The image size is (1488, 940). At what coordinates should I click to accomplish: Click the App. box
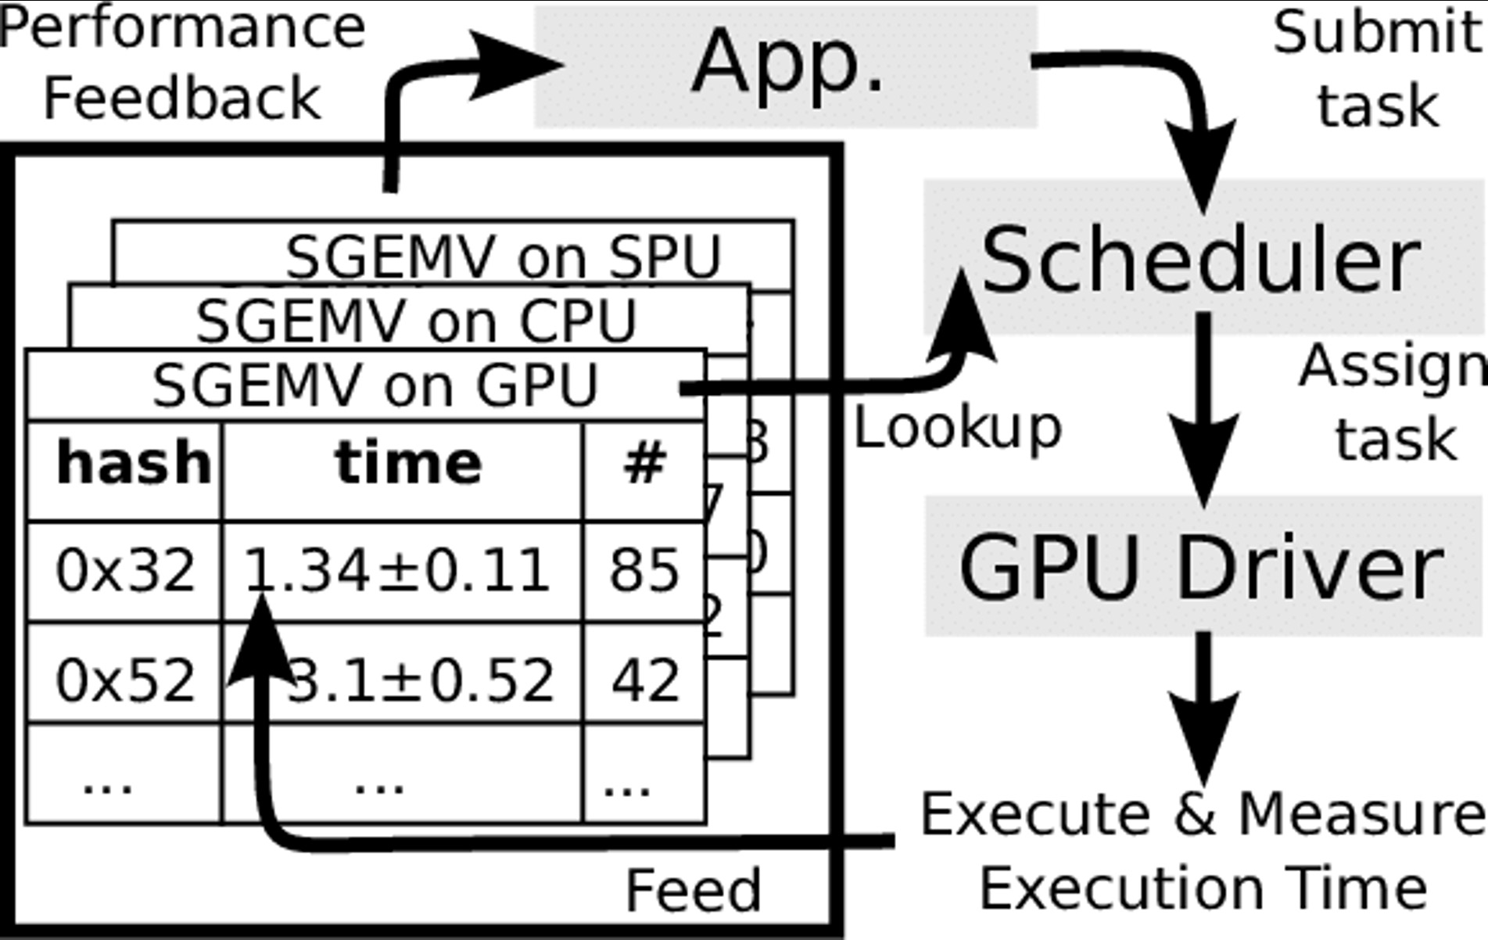[x=786, y=66]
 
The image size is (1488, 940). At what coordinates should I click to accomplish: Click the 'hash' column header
[x=133, y=463]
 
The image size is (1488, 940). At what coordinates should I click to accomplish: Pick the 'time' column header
[x=408, y=463]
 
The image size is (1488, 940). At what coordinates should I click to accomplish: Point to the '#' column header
[x=644, y=463]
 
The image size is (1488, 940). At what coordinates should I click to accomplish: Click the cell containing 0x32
[x=125, y=571]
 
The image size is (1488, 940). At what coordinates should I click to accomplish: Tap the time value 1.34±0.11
[x=397, y=571]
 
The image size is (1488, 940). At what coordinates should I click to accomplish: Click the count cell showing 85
[x=644, y=571]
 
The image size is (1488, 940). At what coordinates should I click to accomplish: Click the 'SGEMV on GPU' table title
[x=375, y=386]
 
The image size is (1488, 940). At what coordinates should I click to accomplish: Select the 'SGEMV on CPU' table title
[x=416, y=321]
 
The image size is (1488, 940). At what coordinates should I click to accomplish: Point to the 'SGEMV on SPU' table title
[x=502, y=257]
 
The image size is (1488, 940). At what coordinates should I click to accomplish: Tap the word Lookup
[x=957, y=429]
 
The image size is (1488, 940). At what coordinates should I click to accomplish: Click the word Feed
[x=693, y=890]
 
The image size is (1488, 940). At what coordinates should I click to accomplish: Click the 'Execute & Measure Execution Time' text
[x=1203, y=851]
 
